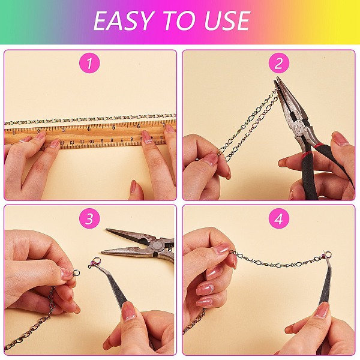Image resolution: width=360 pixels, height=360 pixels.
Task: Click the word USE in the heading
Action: click(227, 21)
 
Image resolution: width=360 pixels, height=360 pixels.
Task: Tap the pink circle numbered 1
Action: click(89, 63)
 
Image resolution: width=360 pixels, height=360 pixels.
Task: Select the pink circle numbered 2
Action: click(279, 63)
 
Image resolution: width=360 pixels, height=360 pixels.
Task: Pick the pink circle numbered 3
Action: click(89, 218)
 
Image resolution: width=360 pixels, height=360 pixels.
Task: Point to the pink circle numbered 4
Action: click(279, 218)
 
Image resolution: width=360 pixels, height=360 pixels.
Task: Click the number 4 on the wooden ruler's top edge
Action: click(89, 129)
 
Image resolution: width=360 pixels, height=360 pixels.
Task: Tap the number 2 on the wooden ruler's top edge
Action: click(38, 131)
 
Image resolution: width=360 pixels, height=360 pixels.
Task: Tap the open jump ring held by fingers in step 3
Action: click(76, 273)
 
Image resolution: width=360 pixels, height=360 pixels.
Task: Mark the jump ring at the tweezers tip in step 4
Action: click(328, 254)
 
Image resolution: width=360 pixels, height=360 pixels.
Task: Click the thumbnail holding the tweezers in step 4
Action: click(323, 310)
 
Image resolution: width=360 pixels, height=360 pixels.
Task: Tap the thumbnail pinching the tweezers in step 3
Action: click(129, 311)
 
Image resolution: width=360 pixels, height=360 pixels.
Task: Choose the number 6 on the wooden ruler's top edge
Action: click(139, 126)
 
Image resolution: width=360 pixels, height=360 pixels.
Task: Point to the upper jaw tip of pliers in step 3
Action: click(107, 230)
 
